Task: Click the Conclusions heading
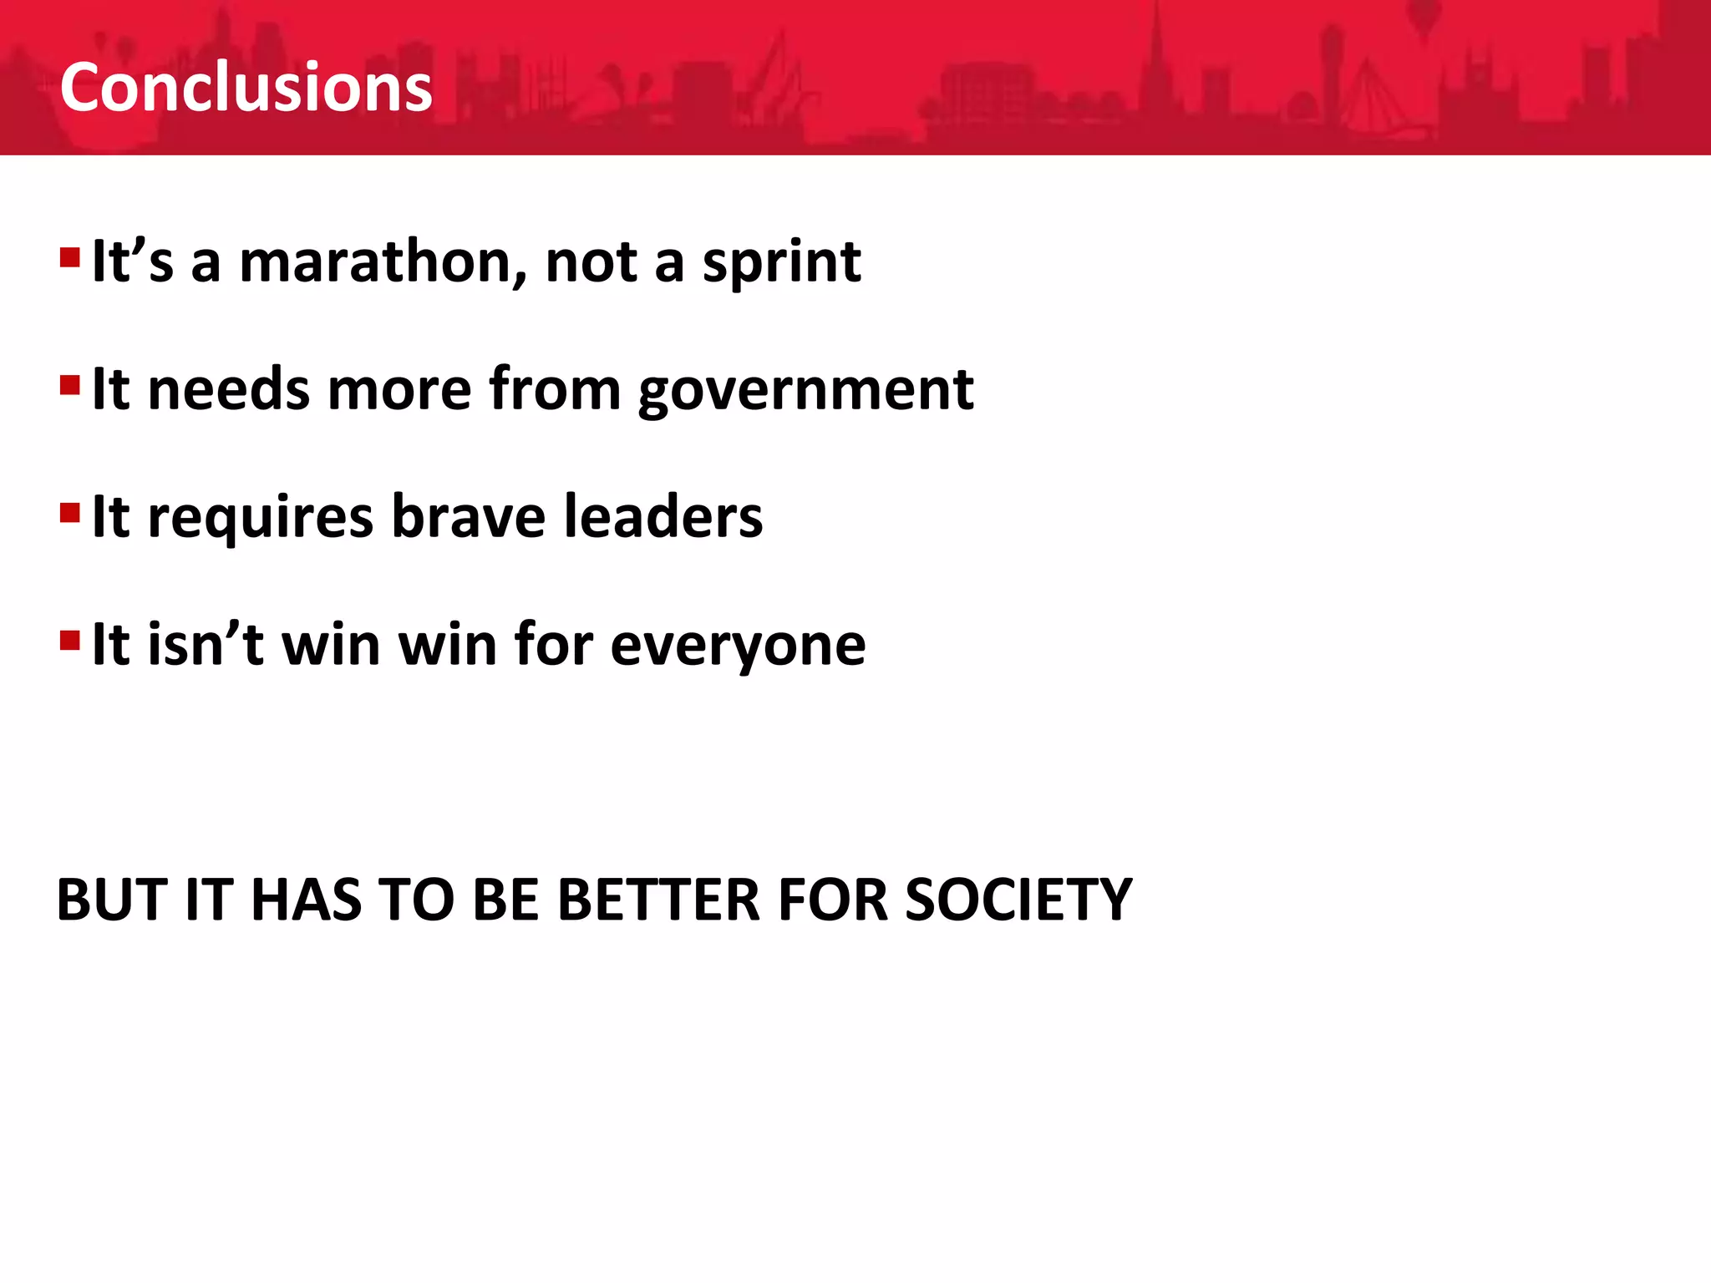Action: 246,87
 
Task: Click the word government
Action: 805,391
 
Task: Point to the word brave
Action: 468,516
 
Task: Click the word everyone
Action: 738,646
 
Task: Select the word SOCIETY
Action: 1018,900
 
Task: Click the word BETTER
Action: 658,900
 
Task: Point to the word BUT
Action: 112,900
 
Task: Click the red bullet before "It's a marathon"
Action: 70,256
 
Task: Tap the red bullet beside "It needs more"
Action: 70,385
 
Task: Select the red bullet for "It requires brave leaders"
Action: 70,511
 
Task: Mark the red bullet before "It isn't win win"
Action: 70,641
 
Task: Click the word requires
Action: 260,518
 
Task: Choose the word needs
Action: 228,389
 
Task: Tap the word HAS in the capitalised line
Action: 306,900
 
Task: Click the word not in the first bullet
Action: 591,262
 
